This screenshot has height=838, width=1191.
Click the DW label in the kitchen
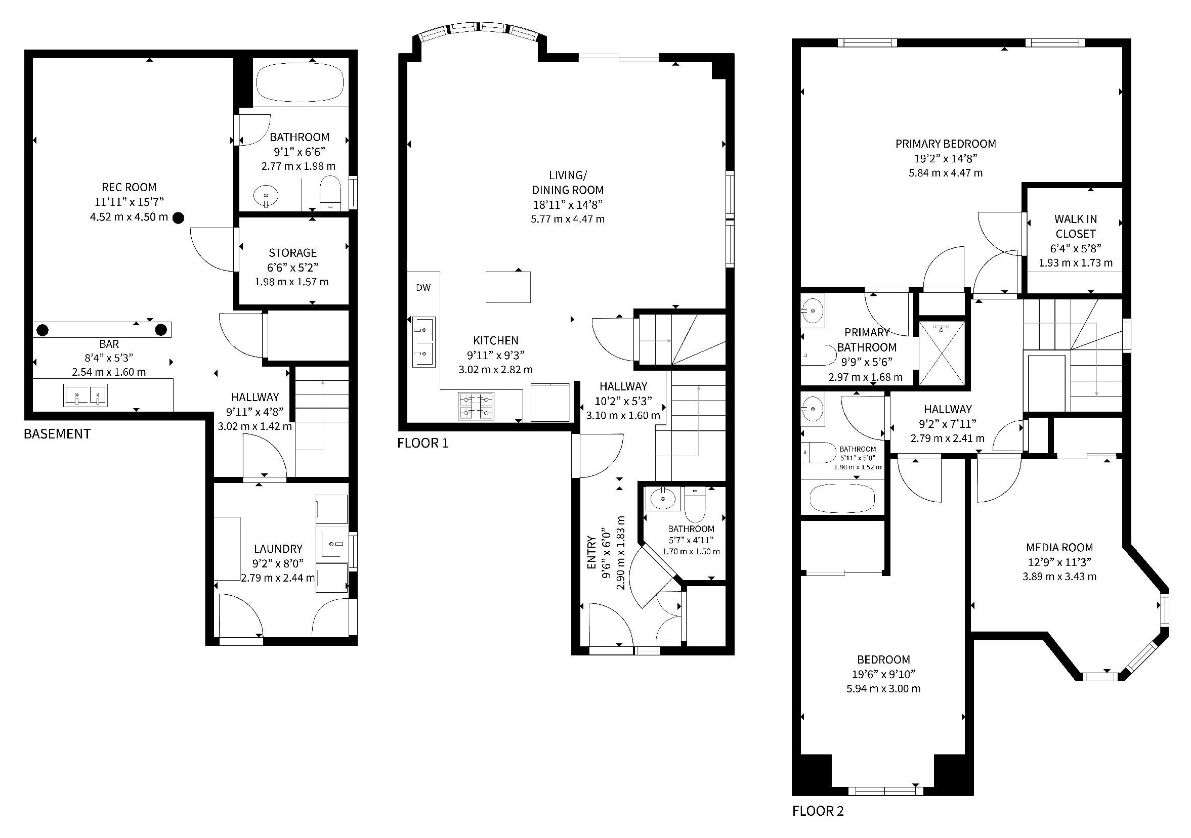point(423,288)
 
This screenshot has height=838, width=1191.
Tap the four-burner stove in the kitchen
point(476,406)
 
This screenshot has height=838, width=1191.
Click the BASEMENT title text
point(57,433)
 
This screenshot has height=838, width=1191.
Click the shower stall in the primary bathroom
point(942,353)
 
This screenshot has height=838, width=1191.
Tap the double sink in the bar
point(86,395)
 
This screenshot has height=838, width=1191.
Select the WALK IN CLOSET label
point(1075,226)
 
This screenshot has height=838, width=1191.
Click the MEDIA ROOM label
point(1059,547)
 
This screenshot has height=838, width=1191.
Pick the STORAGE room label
point(292,253)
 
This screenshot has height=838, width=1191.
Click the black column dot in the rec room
point(178,218)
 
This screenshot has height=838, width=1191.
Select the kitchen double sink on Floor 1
point(423,342)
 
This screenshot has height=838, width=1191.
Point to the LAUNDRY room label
point(278,549)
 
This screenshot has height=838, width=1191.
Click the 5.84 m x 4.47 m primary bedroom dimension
point(945,172)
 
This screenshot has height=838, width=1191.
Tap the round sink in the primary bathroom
point(812,312)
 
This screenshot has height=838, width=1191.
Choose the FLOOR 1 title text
point(423,443)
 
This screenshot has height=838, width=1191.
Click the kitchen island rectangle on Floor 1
point(508,287)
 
